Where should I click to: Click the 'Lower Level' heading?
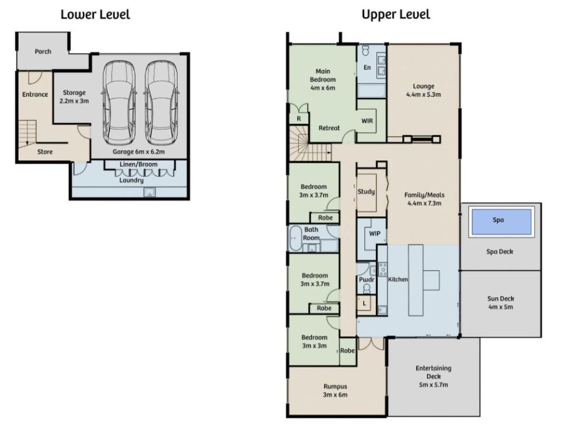click(95, 15)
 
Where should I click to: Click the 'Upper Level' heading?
click(396, 15)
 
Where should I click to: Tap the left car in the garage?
click(120, 103)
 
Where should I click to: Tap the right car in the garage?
click(161, 103)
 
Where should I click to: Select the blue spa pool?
click(501, 222)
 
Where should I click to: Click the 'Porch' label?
click(43, 51)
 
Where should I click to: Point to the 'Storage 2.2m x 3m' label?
click(74, 96)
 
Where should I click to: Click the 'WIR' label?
click(367, 120)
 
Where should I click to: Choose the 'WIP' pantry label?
click(374, 233)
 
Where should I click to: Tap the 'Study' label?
click(367, 191)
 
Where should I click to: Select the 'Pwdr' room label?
click(367, 279)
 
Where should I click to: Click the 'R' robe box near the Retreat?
click(299, 118)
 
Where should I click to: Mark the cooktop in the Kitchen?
click(382, 269)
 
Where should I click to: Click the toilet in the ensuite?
click(365, 50)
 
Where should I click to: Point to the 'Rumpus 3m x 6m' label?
click(335, 391)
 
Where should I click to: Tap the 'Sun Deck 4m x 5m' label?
click(500, 303)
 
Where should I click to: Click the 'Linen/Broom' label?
click(138, 164)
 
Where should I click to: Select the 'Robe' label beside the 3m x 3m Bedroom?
click(347, 350)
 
